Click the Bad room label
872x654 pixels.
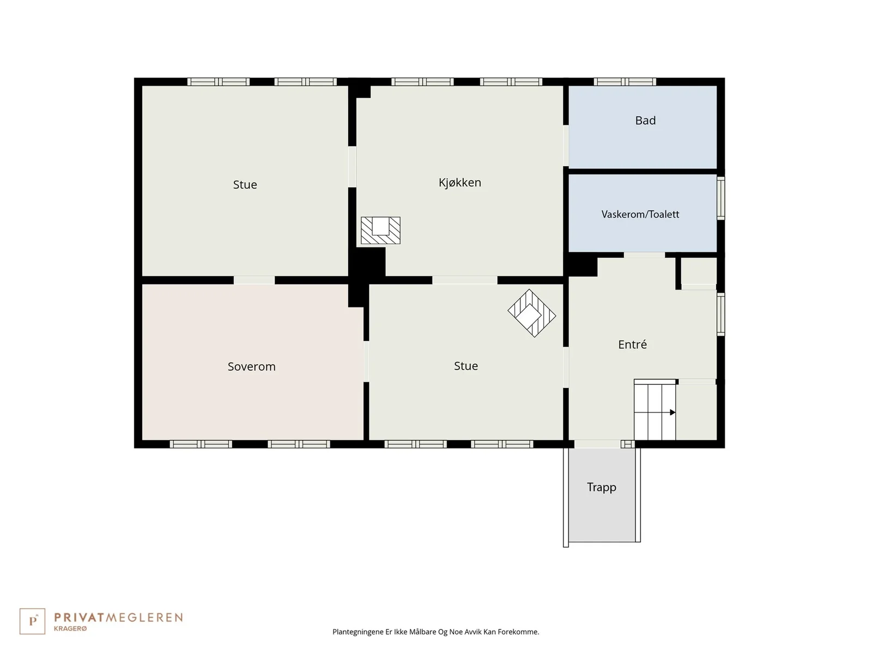645,120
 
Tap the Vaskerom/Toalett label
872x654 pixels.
640,214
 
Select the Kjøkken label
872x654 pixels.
459,183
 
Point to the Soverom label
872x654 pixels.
251,366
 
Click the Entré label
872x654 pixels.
632,344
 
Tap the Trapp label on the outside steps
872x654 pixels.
602,487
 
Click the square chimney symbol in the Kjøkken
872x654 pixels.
380,231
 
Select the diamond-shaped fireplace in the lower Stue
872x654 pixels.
531,313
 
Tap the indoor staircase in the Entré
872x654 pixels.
655,410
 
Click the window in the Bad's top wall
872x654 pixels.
625,82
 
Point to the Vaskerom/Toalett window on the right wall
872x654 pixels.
720,198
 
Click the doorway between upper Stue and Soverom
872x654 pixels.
255,280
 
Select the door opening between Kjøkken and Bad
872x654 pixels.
566,146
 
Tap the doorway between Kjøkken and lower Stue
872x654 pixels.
465,280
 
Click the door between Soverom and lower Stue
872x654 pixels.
366,361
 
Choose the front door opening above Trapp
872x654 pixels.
597,444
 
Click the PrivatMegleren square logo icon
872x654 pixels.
32,621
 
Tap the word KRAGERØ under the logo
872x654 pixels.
70,628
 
